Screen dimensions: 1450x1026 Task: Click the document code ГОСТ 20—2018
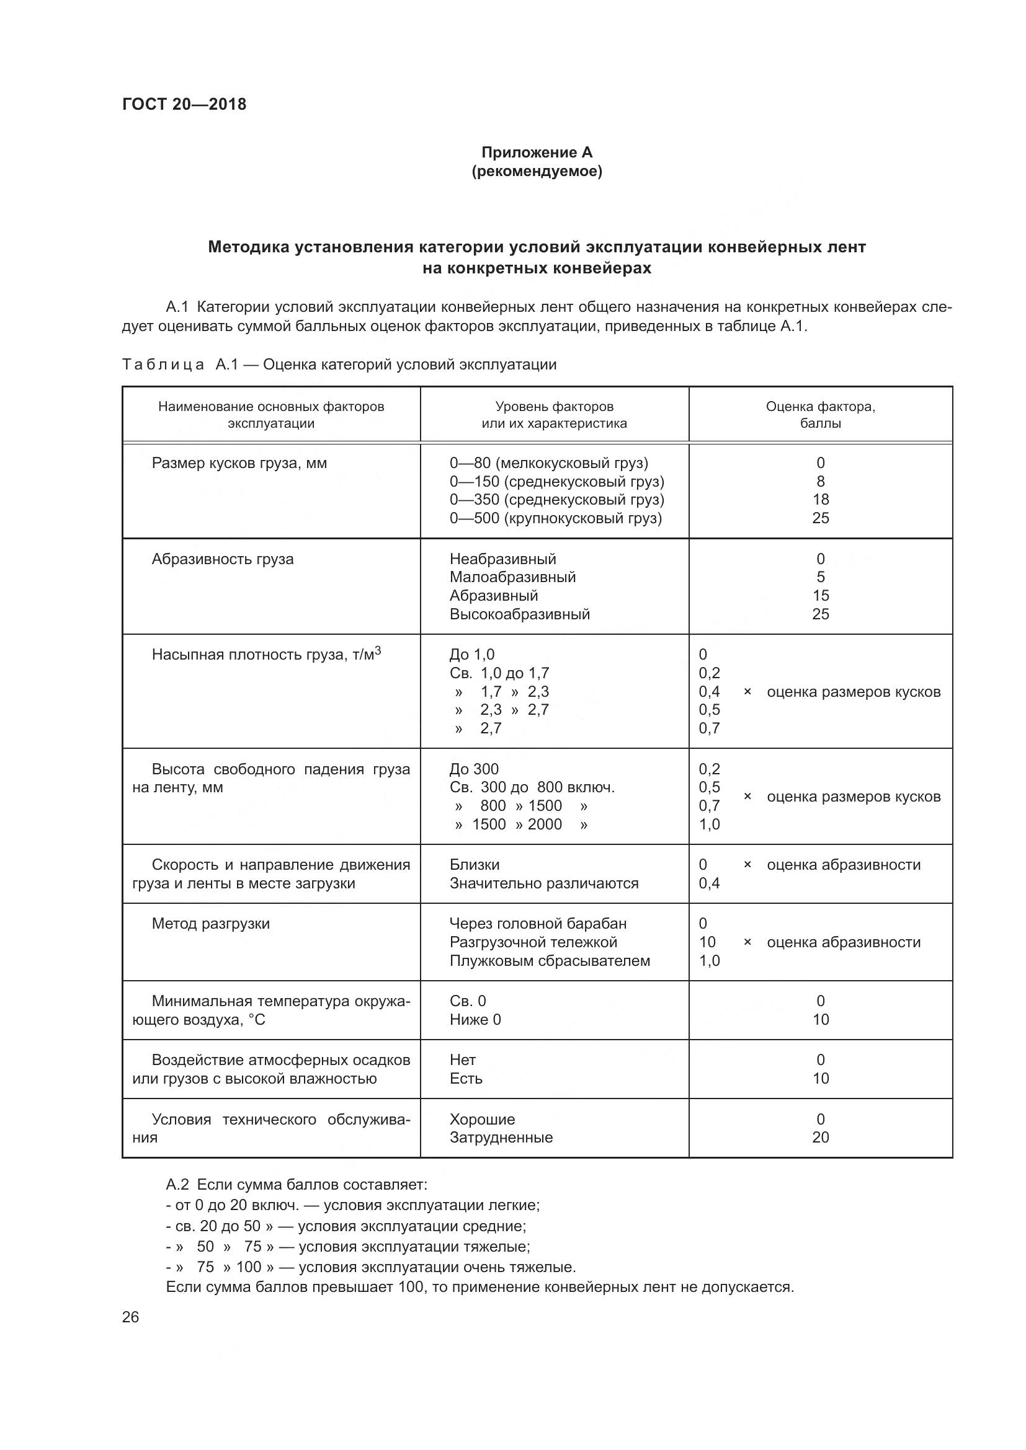click(x=184, y=104)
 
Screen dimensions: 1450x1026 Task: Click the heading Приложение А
click(x=537, y=153)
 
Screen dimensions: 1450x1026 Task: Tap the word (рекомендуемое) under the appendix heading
click(x=537, y=171)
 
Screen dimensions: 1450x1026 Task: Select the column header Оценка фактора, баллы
click(x=820, y=415)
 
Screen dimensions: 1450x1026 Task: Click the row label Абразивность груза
click(x=223, y=559)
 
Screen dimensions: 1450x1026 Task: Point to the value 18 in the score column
click(x=820, y=500)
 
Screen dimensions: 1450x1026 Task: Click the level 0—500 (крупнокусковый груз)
click(x=555, y=518)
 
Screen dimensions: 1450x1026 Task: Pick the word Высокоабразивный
click(x=519, y=614)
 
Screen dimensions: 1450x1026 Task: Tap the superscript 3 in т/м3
click(x=378, y=650)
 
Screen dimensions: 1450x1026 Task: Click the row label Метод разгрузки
click(x=210, y=923)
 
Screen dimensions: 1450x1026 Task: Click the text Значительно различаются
click(x=543, y=883)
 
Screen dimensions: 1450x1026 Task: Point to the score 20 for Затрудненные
click(x=820, y=1138)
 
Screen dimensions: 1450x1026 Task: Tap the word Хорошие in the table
click(x=482, y=1119)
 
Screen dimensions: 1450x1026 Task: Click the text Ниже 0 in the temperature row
click(x=475, y=1019)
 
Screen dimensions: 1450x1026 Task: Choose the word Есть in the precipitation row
click(x=466, y=1078)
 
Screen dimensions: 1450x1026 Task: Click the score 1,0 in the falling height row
click(x=709, y=824)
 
